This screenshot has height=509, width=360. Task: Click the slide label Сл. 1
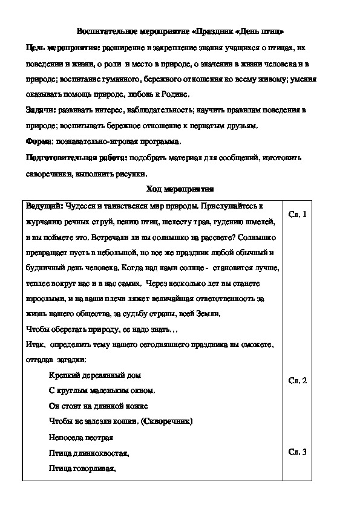[x=298, y=215]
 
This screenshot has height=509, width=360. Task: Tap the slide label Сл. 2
[x=298, y=380]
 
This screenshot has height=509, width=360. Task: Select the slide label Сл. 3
[x=298, y=451]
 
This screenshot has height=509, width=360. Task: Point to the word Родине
[x=175, y=94]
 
